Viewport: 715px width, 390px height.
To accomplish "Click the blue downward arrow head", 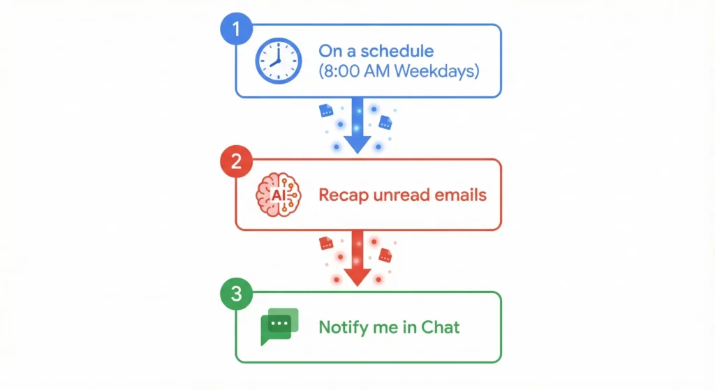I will click(357, 144).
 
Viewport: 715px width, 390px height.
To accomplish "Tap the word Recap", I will click(341, 195).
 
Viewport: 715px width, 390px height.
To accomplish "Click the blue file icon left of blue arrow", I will click(326, 110).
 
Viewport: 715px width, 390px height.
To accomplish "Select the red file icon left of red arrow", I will click(325, 243).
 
